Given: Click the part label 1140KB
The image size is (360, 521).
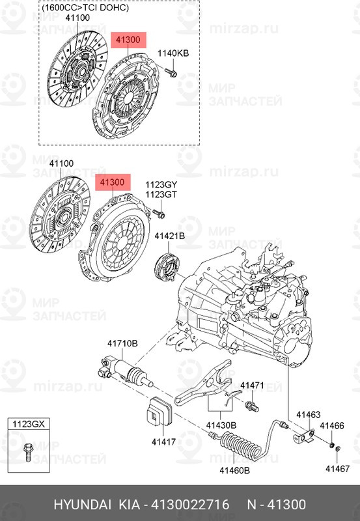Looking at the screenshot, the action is (x=173, y=53).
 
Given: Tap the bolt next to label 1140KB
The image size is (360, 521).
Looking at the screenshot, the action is (x=171, y=72).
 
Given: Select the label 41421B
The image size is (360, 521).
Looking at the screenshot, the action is (x=170, y=236).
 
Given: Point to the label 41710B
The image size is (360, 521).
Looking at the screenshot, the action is (x=122, y=344).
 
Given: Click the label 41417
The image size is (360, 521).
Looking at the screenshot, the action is (x=163, y=442).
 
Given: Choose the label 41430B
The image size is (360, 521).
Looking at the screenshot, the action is (x=221, y=425).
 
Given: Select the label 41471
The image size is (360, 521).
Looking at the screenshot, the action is (x=252, y=386).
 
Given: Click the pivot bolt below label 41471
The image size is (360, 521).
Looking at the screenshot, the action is (x=252, y=406).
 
